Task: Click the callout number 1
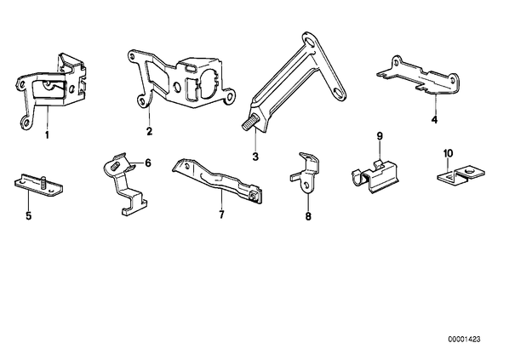tap(47, 134)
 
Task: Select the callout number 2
tap(149, 131)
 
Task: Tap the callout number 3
tap(255, 157)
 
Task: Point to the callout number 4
tap(434, 120)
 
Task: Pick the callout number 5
tap(29, 215)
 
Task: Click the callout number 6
tap(148, 163)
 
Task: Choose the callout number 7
tap(221, 214)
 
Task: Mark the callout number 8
tap(308, 216)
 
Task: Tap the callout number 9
tap(380, 136)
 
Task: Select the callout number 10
tap(448, 153)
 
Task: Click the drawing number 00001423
tap(464, 340)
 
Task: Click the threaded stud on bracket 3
tap(249, 124)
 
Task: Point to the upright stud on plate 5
tap(44, 181)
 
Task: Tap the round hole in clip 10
tap(469, 171)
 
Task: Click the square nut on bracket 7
tap(253, 196)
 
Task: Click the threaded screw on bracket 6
tap(115, 167)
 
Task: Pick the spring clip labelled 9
tap(375, 176)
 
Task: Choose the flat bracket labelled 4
tap(419, 76)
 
